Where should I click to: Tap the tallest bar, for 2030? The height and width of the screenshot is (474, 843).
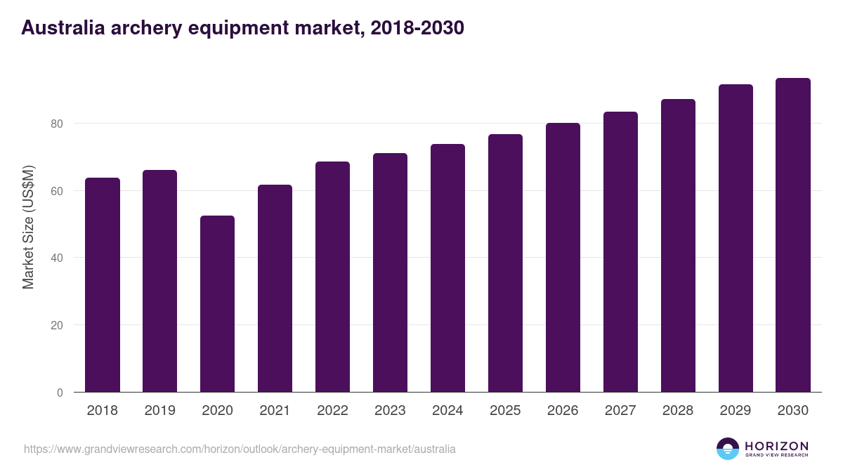click(x=793, y=235)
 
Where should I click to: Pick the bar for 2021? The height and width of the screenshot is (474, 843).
click(x=275, y=289)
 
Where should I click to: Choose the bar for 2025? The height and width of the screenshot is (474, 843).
click(x=505, y=263)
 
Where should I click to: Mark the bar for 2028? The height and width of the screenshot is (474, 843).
click(x=678, y=246)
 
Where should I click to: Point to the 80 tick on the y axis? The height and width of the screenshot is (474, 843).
click(x=57, y=124)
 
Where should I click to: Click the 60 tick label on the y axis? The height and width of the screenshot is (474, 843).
click(x=57, y=191)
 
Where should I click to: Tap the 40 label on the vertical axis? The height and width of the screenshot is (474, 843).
click(x=57, y=258)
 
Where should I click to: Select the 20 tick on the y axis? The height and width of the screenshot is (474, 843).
click(x=57, y=325)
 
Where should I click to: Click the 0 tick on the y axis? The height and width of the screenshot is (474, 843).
click(x=60, y=393)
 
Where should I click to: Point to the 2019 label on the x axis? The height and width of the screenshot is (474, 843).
click(x=159, y=411)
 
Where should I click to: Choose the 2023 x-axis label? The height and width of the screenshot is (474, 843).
click(x=390, y=411)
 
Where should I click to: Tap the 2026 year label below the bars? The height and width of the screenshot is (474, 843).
click(x=563, y=411)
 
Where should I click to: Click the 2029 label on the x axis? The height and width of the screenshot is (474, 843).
click(x=736, y=411)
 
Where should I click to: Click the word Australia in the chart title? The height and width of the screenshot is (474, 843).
click(x=63, y=28)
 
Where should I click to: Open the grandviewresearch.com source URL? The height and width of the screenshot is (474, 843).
click(x=240, y=449)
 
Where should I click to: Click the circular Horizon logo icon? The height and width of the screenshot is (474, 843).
click(x=728, y=449)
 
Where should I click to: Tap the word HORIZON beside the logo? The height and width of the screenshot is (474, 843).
click(x=776, y=446)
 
